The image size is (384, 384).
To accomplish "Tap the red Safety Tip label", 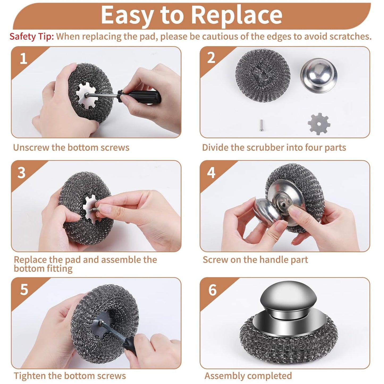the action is pyautogui.click(x=32, y=36).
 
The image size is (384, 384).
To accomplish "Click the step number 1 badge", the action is pyautogui.click(x=23, y=58).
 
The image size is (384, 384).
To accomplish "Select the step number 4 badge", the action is pyautogui.click(x=211, y=173).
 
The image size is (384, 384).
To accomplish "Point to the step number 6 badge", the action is pyautogui.click(x=213, y=290).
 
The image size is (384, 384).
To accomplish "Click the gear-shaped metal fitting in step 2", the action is pyautogui.click(x=319, y=124).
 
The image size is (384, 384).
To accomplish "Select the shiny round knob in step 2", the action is pyautogui.click(x=319, y=75).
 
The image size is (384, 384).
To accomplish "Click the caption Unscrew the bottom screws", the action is pyautogui.click(x=71, y=147).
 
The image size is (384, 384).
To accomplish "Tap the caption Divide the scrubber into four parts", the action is pyautogui.click(x=274, y=147).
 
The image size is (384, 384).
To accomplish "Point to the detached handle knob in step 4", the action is pyautogui.click(x=266, y=210).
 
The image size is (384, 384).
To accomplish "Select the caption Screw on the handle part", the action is pyautogui.click(x=255, y=260).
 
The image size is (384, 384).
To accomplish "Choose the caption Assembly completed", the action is pyautogui.click(x=248, y=376).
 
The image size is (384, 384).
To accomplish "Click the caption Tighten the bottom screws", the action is pyautogui.click(x=70, y=376).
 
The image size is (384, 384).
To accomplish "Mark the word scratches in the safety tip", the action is pyautogui.click(x=350, y=36).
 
